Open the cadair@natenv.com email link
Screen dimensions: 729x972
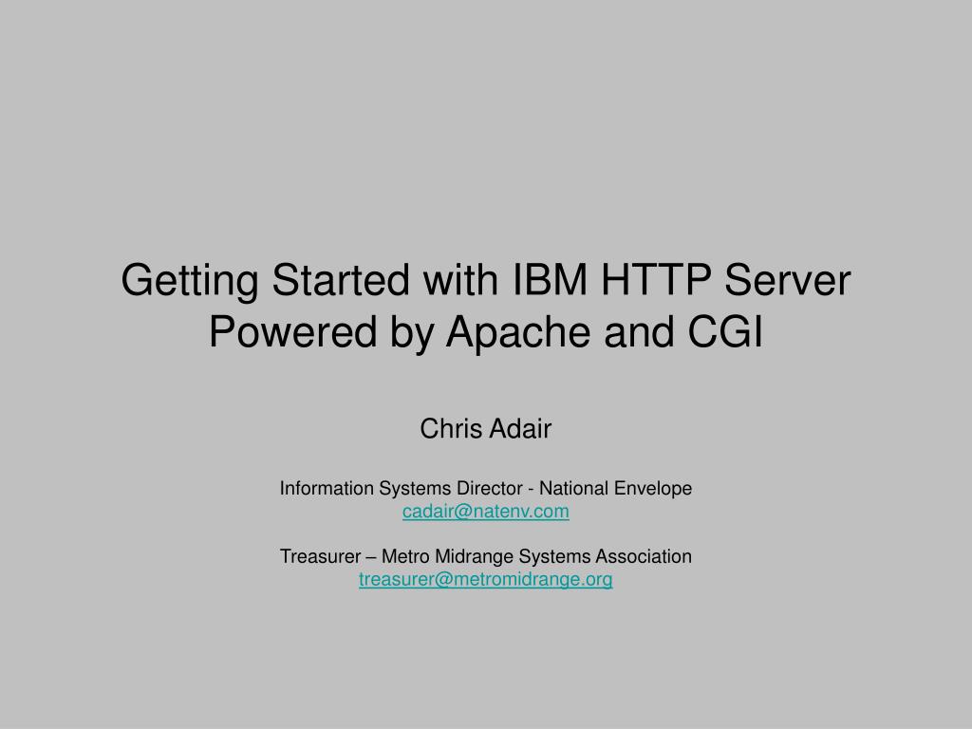pos(486,512)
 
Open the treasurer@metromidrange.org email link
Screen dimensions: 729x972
pos(486,579)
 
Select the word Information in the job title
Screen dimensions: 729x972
pos(327,489)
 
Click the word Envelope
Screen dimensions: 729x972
pos(654,489)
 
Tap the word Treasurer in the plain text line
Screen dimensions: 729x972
pos(318,556)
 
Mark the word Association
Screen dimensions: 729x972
pos(643,556)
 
